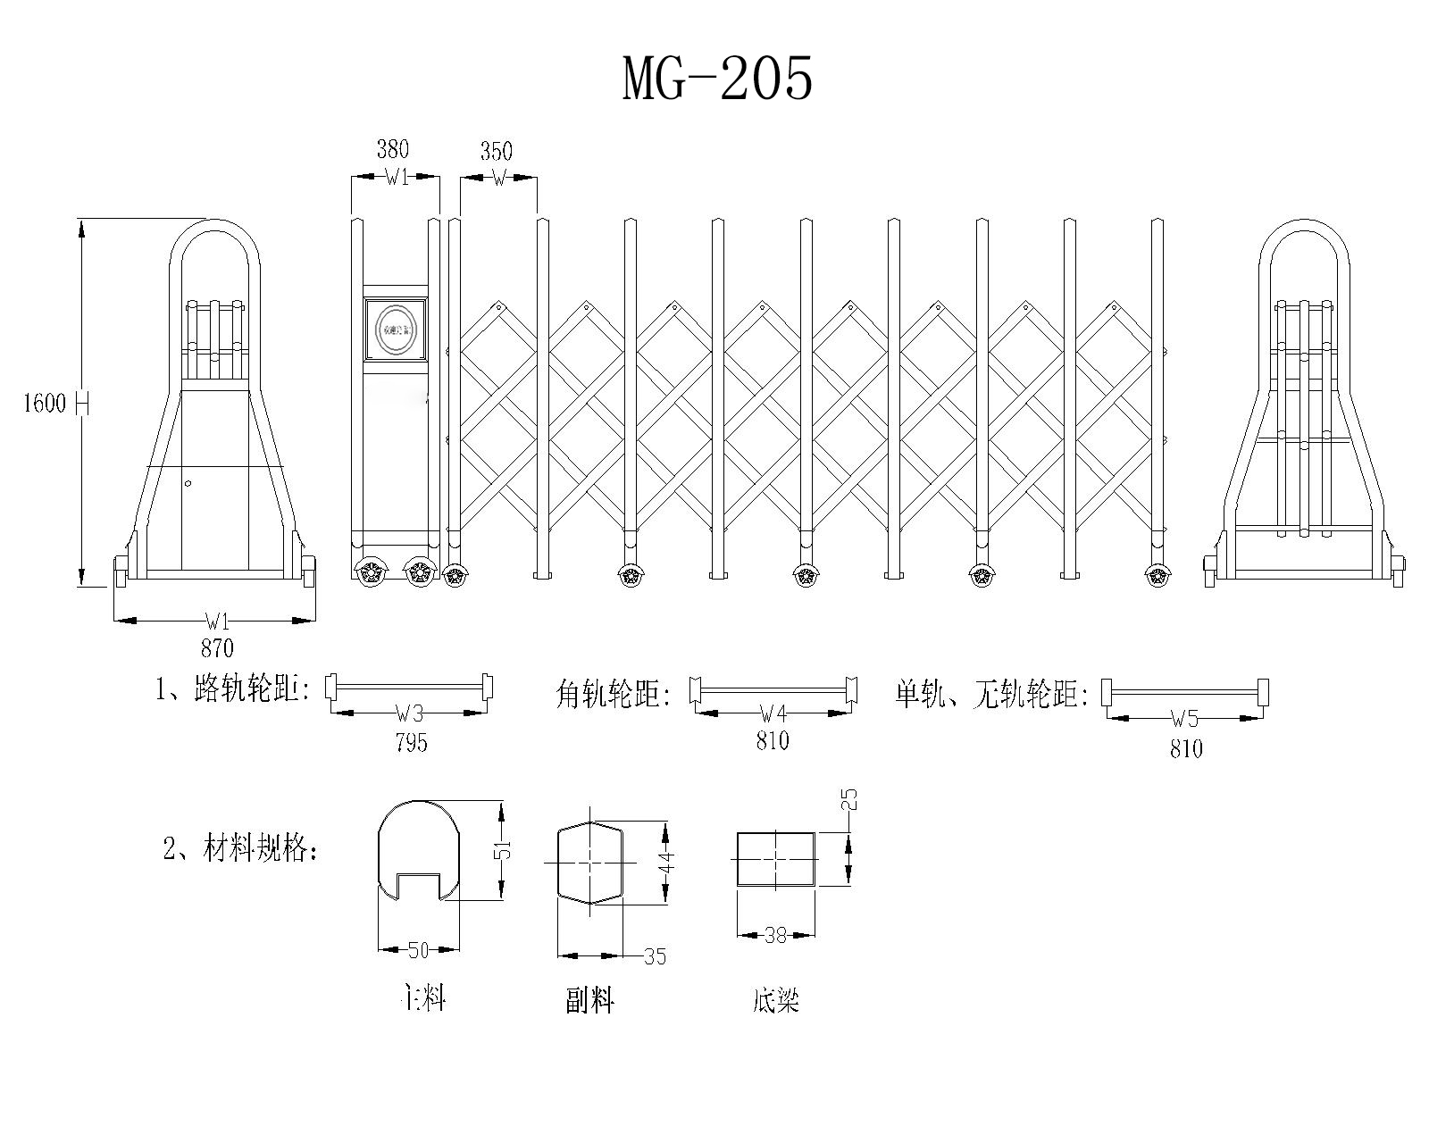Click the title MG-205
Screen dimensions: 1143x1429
click(x=717, y=79)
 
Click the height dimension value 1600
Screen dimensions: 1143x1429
click(x=45, y=404)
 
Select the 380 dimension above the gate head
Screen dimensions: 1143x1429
click(x=392, y=148)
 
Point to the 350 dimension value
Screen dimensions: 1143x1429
click(x=497, y=151)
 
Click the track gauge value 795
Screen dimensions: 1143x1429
click(x=410, y=742)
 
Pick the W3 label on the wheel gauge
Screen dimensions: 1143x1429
click(x=409, y=713)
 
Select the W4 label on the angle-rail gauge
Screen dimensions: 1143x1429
click(x=773, y=713)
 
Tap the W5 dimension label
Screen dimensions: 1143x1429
click(x=1184, y=719)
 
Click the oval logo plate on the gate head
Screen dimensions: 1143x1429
click(x=397, y=330)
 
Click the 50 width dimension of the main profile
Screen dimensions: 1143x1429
click(x=418, y=950)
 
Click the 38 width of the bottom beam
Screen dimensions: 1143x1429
click(x=775, y=936)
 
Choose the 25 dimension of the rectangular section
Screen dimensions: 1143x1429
click(x=849, y=800)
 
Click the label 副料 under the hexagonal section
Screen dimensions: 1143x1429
click(x=590, y=1000)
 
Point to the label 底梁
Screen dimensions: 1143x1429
click(x=775, y=1000)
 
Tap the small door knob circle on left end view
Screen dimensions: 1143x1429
click(x=188, y=484)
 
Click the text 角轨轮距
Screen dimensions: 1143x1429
click(x=613, y=694)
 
